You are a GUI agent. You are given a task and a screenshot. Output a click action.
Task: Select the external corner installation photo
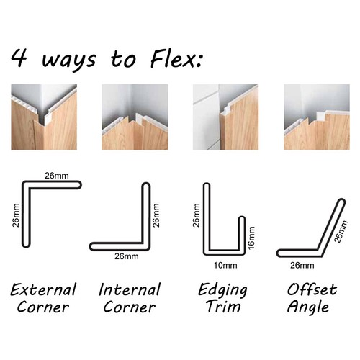point(43,117)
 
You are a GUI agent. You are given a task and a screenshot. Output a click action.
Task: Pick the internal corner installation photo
point(135,117)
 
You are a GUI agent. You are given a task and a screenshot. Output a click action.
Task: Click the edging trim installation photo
point(225,117)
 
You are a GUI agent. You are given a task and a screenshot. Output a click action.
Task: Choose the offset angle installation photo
point(317,117)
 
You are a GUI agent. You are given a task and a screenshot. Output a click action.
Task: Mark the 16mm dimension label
point(251,237)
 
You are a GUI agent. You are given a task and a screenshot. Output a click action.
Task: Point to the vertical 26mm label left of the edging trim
point(194,213)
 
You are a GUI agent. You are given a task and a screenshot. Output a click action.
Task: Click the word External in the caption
point(44,290)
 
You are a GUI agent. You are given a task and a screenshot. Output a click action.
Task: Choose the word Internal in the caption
point(130,290)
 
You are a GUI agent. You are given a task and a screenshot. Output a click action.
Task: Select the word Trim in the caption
point(223,308)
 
